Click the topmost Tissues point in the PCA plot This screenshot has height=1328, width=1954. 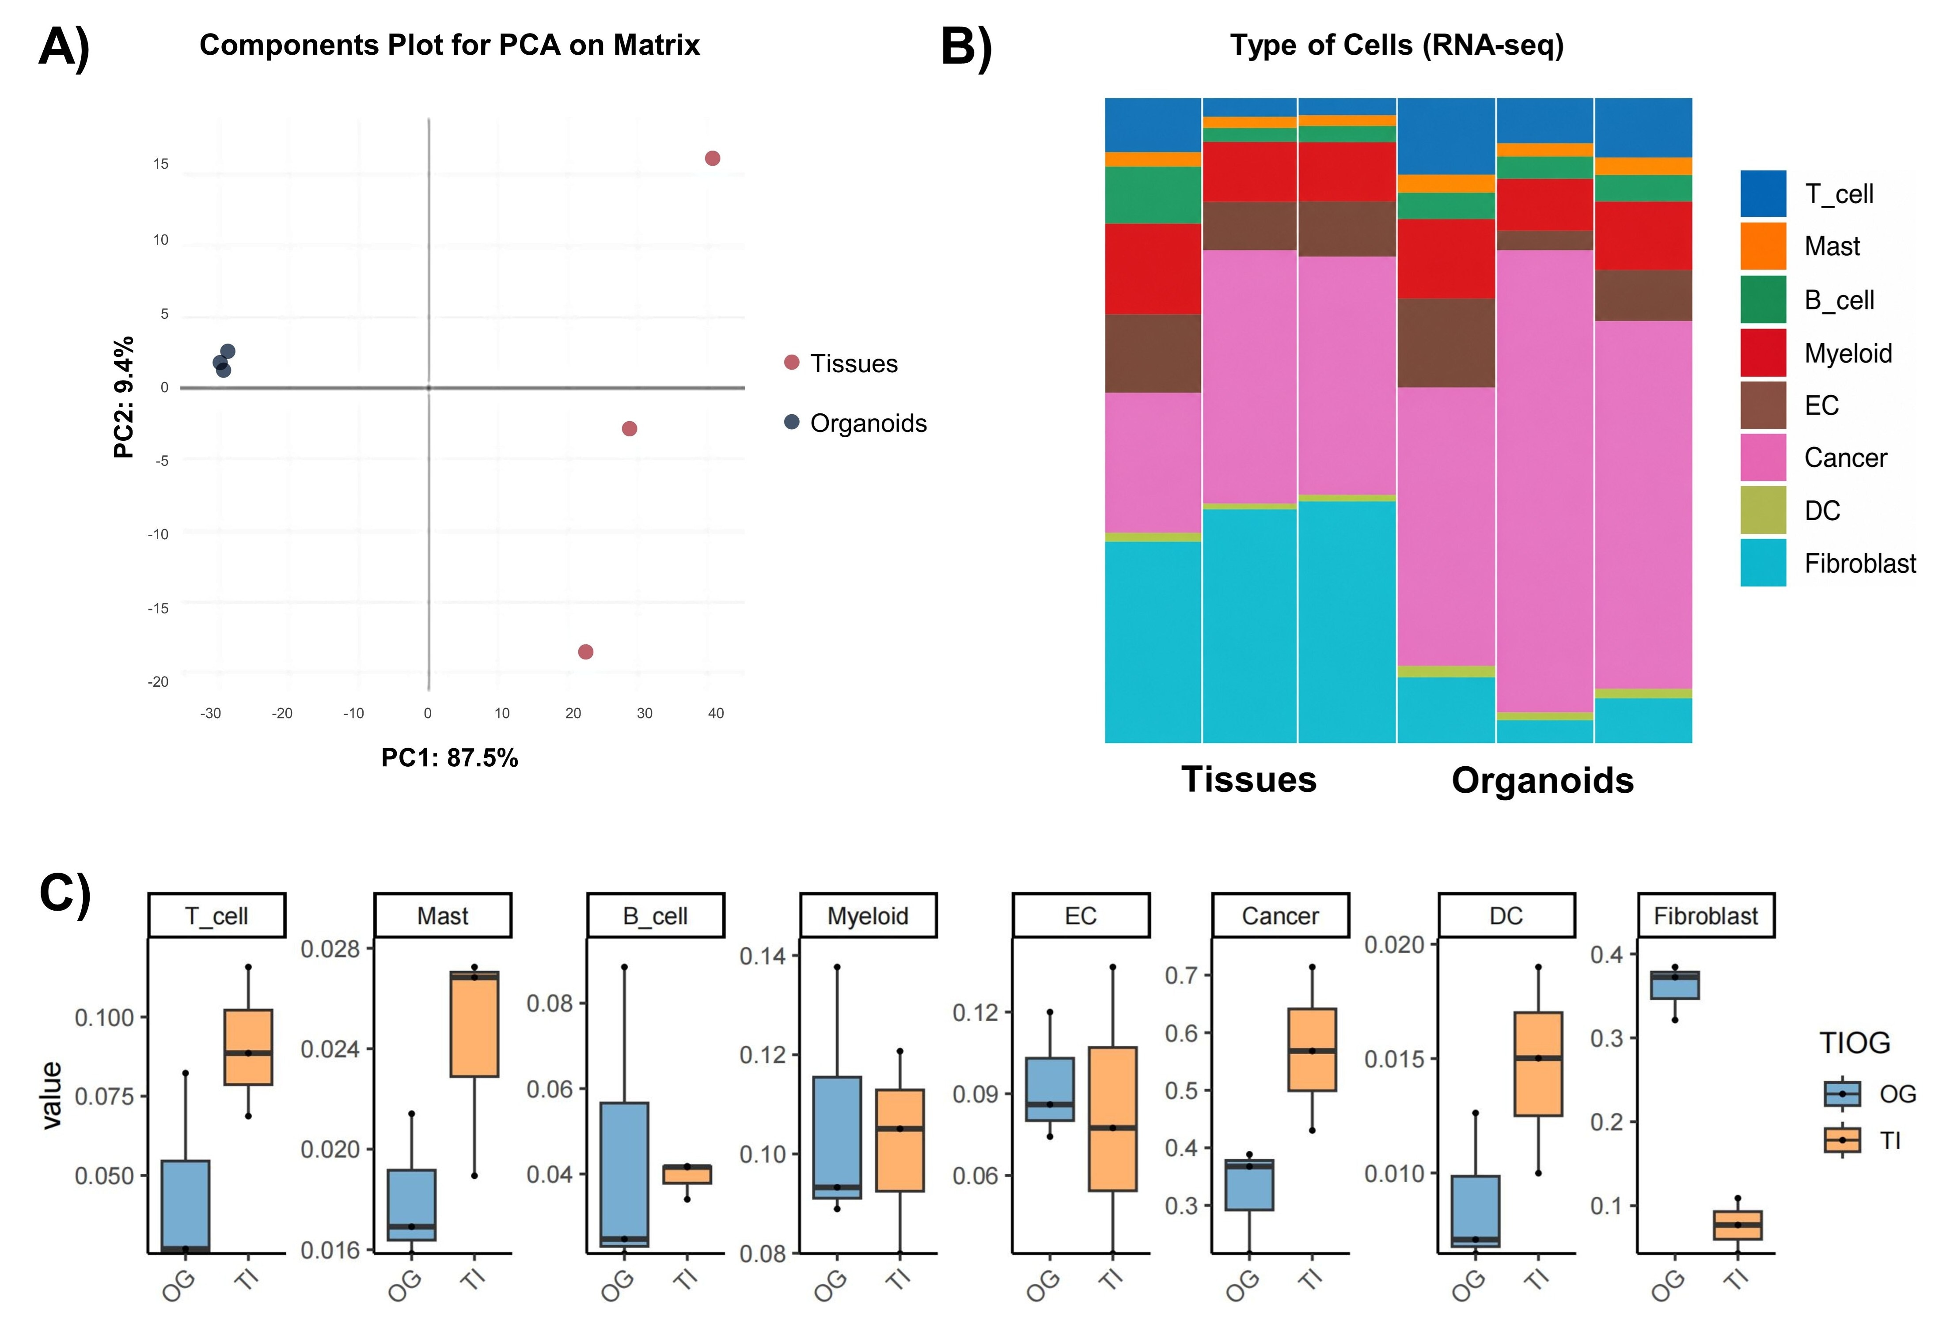[712, 158]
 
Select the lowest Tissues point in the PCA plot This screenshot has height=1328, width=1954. [586, 651]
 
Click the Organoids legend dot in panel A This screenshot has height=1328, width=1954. [791, 422]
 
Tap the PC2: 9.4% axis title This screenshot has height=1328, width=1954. [124, 397]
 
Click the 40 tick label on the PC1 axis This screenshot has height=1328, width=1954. [716, 713]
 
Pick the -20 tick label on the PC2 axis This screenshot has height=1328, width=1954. [158, 681]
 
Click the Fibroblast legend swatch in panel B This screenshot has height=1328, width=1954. [1763, 562]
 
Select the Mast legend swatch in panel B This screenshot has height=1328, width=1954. [1763, 246]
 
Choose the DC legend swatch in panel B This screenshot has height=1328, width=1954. [1763, 509]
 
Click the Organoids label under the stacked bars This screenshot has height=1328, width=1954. [1543, 780]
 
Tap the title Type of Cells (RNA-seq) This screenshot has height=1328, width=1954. [1396, 45]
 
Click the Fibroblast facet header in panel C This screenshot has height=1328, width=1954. [1706, 916]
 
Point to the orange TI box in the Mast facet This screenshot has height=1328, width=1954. [474, 1024]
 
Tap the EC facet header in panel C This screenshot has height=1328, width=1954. [1081, 916]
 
